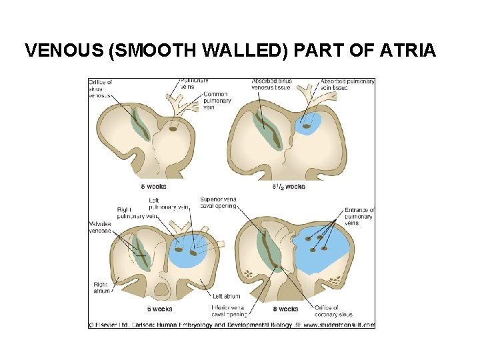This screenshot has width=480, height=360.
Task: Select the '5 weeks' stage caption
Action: pos(153,186)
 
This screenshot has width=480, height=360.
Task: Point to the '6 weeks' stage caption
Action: pos(160,309)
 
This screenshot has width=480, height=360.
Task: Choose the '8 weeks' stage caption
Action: pos(286,309)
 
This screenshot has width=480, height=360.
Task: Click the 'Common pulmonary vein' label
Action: pos(217,101)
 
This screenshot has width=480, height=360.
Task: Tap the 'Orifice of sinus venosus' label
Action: pos(100,89)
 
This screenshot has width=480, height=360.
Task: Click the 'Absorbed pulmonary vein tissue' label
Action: pos(347,85)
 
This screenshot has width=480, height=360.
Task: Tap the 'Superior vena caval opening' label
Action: pos(218,203)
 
